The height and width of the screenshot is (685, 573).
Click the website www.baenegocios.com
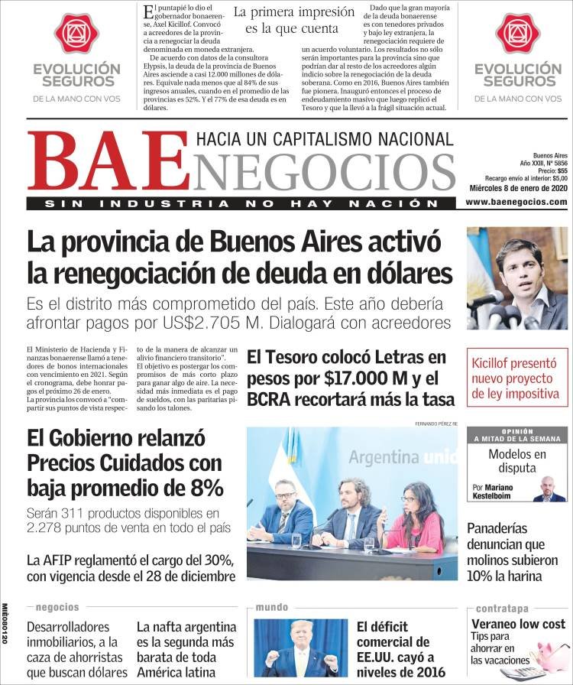click(516, 202)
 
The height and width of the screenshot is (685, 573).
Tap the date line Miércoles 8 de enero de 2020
click(516, 189)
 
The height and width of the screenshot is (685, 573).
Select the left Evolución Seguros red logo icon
click(76, 34)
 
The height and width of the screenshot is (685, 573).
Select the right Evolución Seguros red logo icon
click(516, 34)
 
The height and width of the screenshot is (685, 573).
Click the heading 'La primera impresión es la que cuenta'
click(293, 21)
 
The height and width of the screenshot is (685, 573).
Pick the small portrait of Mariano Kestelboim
click(547, 489)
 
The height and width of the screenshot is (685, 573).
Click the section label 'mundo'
click(272, 607)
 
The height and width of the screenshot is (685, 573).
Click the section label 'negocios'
click(57, 607)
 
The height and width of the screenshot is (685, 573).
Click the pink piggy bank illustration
click(551, 654)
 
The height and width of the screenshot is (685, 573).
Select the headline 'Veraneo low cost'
click(518, 624)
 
